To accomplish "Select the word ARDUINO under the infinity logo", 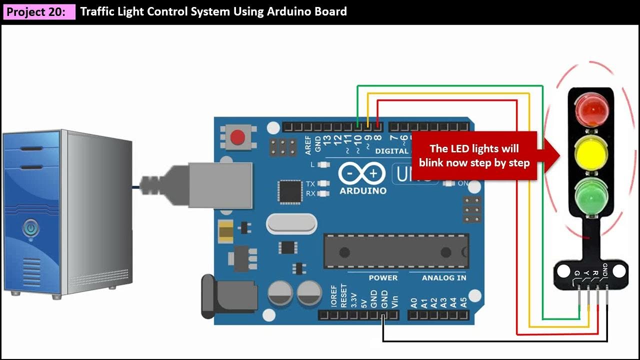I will [x=363, y=190].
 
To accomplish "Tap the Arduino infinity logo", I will [x=362, y=173].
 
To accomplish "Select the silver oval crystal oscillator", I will [x=291, y=223].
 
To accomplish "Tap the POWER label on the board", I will [x=383, y=277].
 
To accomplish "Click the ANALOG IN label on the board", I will [x=444, y=277].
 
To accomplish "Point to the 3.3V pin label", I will [x=354, y=299].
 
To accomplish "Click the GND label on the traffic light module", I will [x=605, y=270].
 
